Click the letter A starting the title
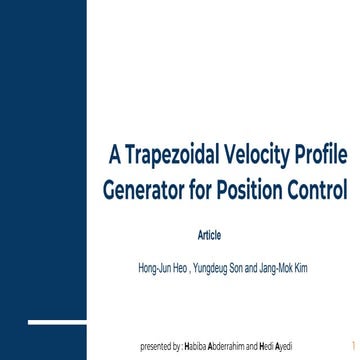click(114, 156)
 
